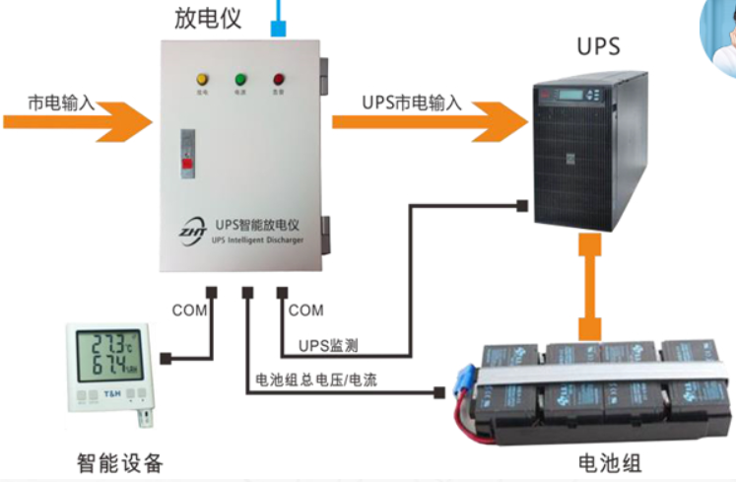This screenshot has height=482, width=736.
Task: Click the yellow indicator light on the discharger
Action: pos(202,79)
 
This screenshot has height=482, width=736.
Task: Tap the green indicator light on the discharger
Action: pos(240,79)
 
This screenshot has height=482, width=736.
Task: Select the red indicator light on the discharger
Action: pos(278,79)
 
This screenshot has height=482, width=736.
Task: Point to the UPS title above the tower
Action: pos(598,46)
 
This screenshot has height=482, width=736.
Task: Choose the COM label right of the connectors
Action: pos(305,310)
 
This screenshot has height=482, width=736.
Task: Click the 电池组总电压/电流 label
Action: pos(315,379)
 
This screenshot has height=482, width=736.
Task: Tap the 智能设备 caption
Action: pos(120,462)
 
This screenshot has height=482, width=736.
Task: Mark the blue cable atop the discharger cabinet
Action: pos(280,19)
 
